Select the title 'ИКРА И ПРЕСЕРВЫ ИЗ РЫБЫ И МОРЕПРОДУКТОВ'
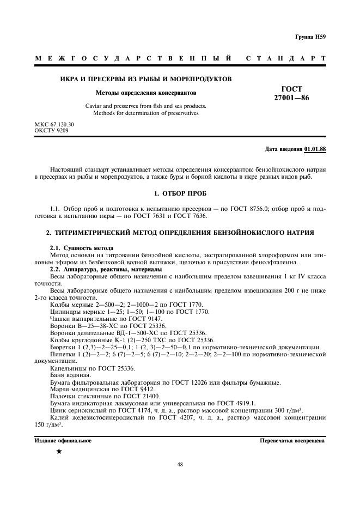point(145,79)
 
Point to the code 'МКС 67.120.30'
point(54,125)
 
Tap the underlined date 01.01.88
point(315,149)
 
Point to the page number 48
point(180,465)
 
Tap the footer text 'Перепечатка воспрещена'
point(292,441)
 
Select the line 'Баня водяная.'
point(70,375)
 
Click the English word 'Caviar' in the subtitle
point(95,106)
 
